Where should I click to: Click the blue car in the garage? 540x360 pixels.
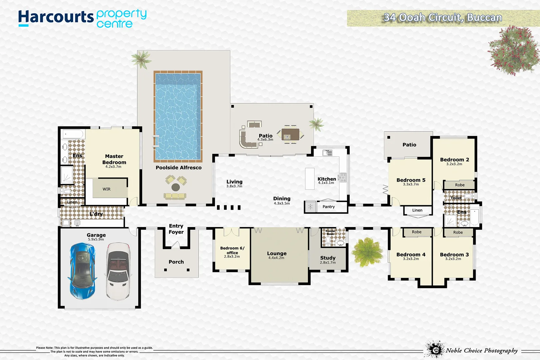(x=82, y=271)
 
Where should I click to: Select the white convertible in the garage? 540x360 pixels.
(x=118, y=272)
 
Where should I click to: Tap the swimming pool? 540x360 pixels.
(x=178, y=116)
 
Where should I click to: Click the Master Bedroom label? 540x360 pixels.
(x=114, y=159)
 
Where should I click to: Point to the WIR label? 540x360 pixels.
(x=107, y=189)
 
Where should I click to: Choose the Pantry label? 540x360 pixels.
(x=329, y=207)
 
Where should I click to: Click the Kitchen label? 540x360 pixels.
(x=327, y=179)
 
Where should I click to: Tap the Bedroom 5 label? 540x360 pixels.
(x=411, y=180)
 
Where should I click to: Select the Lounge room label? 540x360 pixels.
(x=277, y=253)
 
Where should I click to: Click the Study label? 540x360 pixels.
(x=328, y=258)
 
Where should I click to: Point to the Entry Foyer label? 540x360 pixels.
(x=176, y=229)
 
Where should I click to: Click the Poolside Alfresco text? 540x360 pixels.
(x=179, y=168)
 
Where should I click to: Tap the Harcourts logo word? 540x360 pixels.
(x=56, y=17)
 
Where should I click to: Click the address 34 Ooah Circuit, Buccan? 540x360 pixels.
(x=443, y=18)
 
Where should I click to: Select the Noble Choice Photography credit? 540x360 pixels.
(x=482, y=350)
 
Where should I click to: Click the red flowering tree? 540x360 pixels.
(x=513, y=50)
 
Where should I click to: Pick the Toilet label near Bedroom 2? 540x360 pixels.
(x=456, y=198)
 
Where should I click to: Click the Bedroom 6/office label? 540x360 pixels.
(x=232, y=250)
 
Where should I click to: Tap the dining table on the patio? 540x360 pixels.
(x=290, y=134)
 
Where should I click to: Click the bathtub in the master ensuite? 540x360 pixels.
(x=73, y=134)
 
